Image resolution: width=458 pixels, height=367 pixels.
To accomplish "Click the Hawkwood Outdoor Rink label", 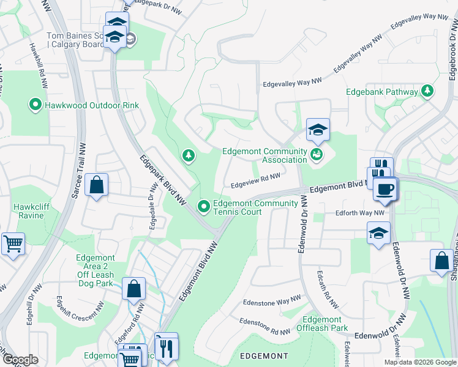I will point(92,105).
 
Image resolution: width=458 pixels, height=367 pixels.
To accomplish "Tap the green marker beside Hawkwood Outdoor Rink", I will point(36,105).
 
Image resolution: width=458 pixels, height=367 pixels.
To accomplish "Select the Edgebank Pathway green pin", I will point(427,92).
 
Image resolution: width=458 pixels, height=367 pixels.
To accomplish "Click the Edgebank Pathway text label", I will point(382,92).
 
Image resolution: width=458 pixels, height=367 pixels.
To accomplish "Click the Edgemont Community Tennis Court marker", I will point(203,207).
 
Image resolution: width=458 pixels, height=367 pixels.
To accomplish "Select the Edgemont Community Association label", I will point(265,155).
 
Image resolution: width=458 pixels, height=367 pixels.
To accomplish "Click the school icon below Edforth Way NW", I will point(379,232).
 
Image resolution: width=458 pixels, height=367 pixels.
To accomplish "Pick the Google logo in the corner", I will point(20,360).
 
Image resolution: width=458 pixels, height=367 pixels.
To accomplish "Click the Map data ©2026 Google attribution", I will point(420,362).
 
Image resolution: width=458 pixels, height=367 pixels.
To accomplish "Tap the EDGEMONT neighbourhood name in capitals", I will point(264,356).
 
